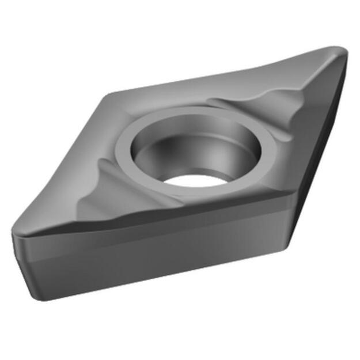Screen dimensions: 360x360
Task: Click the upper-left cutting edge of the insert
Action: (x=63, y=161)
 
